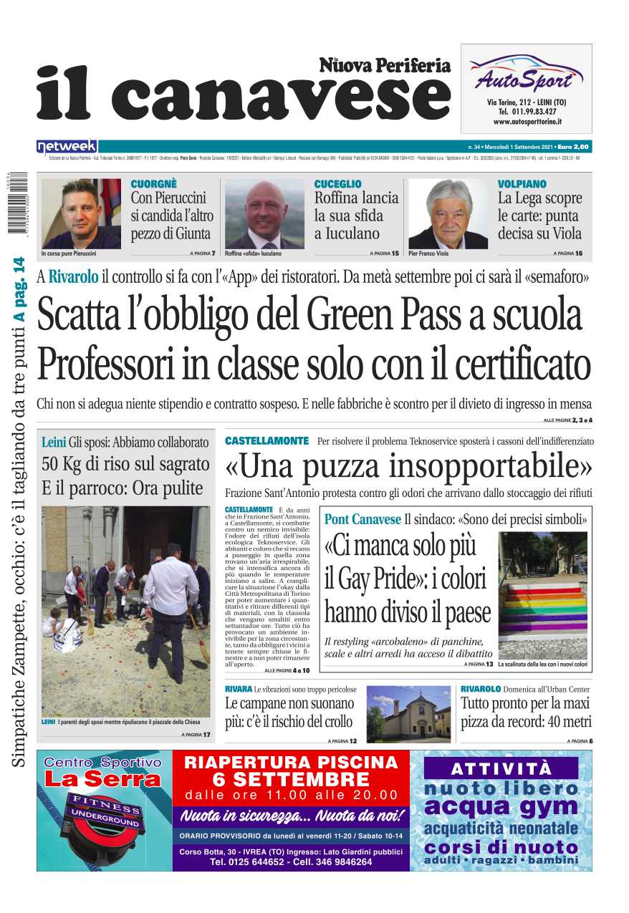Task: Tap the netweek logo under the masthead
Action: click(x=67, y=147)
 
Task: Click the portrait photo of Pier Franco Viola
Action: click(x=448, y=213)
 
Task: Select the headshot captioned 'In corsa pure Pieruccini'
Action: click(x=81, y=213)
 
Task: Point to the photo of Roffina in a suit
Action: click(x=264, y=213)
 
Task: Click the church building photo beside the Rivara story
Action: click(x=408, y=714)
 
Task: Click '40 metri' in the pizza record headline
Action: click(x=561, y=721)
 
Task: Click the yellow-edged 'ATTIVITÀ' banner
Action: click(x=501, y=769)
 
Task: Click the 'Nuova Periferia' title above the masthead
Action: click(x=385, y=66)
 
